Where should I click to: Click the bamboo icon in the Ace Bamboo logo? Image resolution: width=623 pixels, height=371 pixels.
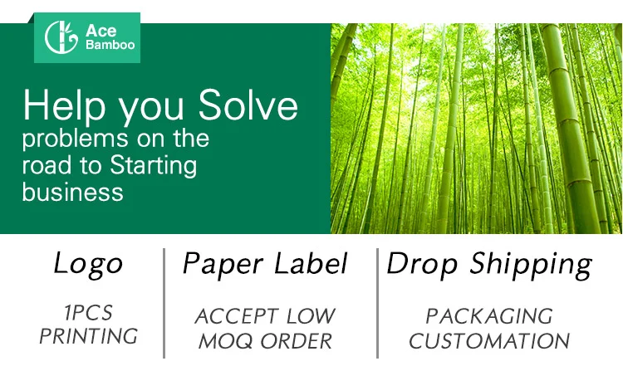[x=61, y=37]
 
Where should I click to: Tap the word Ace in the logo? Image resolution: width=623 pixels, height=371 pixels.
[x=101, y=31]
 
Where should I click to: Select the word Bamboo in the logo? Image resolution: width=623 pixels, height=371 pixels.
[x=110, y=45]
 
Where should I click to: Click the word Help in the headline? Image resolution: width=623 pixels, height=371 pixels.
[x=64, y=105]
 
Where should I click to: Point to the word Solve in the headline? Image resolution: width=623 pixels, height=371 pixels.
[x=248, y=105]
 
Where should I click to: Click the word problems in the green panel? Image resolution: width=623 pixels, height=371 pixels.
[x=75, y=139]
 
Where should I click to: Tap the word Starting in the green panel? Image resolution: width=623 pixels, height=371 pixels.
[x=154, y=166]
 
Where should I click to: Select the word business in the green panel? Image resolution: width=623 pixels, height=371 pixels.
[x=73, y=192]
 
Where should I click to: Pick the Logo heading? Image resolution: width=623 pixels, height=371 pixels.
[x=88, y=264]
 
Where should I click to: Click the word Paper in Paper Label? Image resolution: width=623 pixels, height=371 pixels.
[x=223, y=264]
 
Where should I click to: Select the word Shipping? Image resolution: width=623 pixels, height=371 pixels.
[x=531, y=264]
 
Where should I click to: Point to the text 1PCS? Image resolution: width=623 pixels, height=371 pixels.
[x=88, y=313]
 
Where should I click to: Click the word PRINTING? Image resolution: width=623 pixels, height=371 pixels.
[x=88, y=336]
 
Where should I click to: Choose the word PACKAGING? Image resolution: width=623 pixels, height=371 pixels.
[x=489, y=316]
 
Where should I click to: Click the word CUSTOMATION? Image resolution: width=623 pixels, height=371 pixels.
[x=489, y=341]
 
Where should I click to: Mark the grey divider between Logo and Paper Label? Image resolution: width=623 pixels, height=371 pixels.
[x=164, y=304]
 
